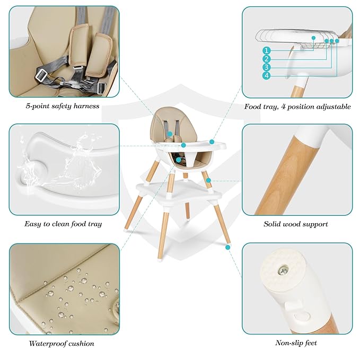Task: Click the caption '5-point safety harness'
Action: pos(63,106)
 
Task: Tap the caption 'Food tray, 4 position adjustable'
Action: pos(297,106)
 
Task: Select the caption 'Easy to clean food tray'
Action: pos(63,224)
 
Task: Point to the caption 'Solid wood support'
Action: pos(296,224)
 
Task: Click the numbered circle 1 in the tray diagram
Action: pos(267,50)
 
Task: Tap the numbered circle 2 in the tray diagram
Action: pos(267,59)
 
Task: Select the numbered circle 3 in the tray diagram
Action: pos(267,67)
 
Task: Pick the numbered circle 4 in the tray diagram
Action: pos(267,76)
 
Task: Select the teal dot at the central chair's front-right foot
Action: pos(228,247)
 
